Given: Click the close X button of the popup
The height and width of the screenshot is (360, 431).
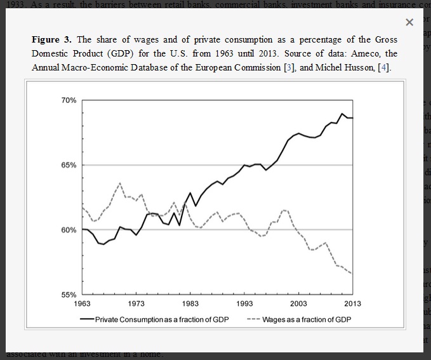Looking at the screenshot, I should [409, 23].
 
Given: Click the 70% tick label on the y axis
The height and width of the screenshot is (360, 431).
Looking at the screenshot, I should [69, 100].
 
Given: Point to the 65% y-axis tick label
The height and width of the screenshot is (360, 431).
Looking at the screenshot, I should [69, 165].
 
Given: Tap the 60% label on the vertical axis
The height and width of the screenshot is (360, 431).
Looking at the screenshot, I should [69, 230].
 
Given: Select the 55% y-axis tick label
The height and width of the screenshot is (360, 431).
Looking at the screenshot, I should [69, 295].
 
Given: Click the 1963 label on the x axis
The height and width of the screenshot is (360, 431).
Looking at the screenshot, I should [82, 303].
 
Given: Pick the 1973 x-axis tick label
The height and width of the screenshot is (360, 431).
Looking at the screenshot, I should [136, 303].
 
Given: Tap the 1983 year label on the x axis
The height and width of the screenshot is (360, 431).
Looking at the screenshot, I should [190, 303].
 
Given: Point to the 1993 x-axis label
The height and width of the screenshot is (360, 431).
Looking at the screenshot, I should [244, 303].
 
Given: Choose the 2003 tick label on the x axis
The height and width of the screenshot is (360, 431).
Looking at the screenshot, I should [298, 303].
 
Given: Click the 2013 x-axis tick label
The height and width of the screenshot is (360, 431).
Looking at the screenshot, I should [352, 303].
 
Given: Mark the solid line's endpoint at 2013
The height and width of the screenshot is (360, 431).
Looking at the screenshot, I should [352, 118].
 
